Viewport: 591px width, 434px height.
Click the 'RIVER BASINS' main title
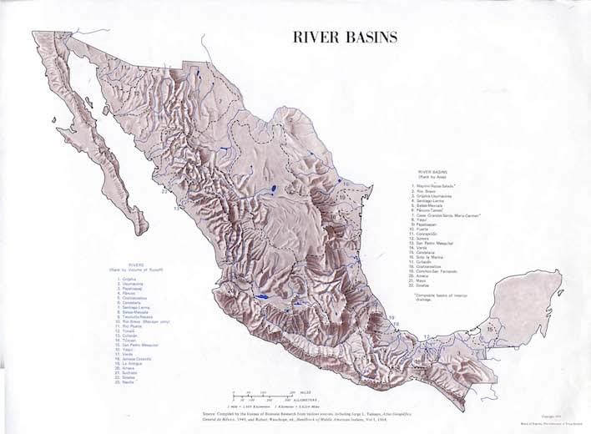344,38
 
